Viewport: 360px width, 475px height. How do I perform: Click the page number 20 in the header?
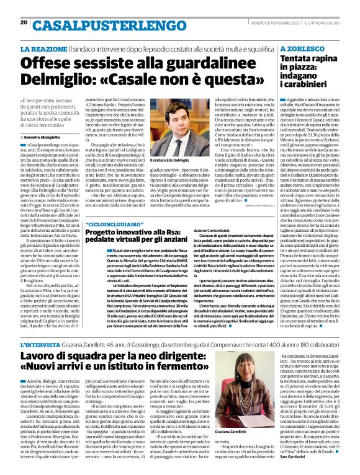[x=24, y=22]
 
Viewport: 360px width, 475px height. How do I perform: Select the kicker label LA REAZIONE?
[x=43, y=48]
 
